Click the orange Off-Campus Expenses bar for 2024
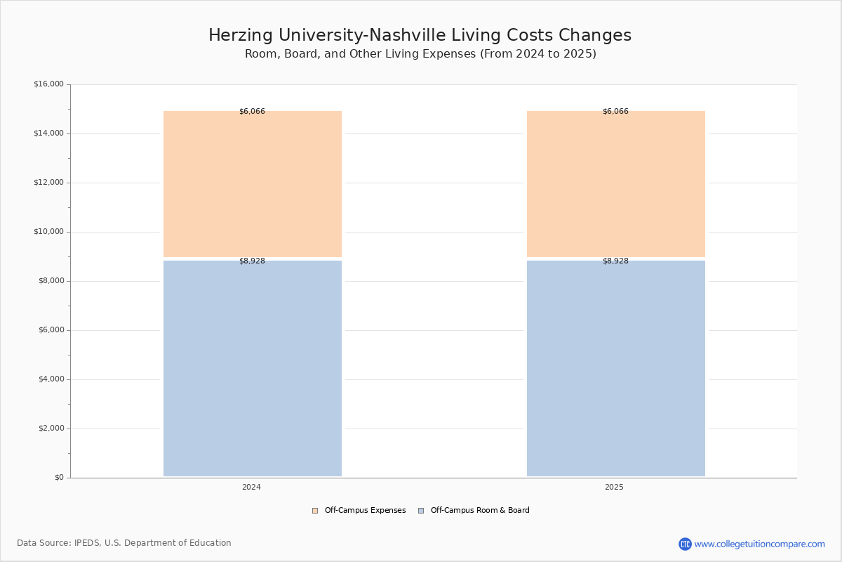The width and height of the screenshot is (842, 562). [x=253, y=184]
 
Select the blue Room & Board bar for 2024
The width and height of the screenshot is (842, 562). [x=253, y=369]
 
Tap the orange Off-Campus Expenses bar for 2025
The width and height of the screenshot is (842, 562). [x=616, y=184]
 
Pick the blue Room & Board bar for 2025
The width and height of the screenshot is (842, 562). [x=616, y=369]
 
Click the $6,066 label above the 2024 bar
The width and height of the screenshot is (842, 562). [x=252, y=111]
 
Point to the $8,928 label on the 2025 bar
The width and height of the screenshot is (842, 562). [x=616, y=261]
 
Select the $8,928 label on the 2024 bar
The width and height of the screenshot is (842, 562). [x=252, y=261]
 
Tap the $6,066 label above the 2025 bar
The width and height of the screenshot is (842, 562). [x=616, y=111]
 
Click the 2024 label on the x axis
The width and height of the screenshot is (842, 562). [x=251, y=487]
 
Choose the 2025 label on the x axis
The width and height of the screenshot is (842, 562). [x=614, y=487]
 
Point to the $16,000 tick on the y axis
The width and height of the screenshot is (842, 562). [x=49, y=84]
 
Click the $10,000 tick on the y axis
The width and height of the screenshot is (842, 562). [x=49, y=232]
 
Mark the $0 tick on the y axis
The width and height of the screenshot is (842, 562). [x=60, y=478]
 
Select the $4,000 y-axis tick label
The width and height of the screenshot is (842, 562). [x=51, y=379]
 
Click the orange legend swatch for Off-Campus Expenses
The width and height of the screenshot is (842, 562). [x=315, y=511]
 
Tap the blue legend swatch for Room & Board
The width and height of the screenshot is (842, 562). [x=421, y=511]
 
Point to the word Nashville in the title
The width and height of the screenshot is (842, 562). [x=408, y=35]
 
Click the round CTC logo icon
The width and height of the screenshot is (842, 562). [x=685, y=544]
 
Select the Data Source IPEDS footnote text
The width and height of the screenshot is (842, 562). [x=124, y=543]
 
